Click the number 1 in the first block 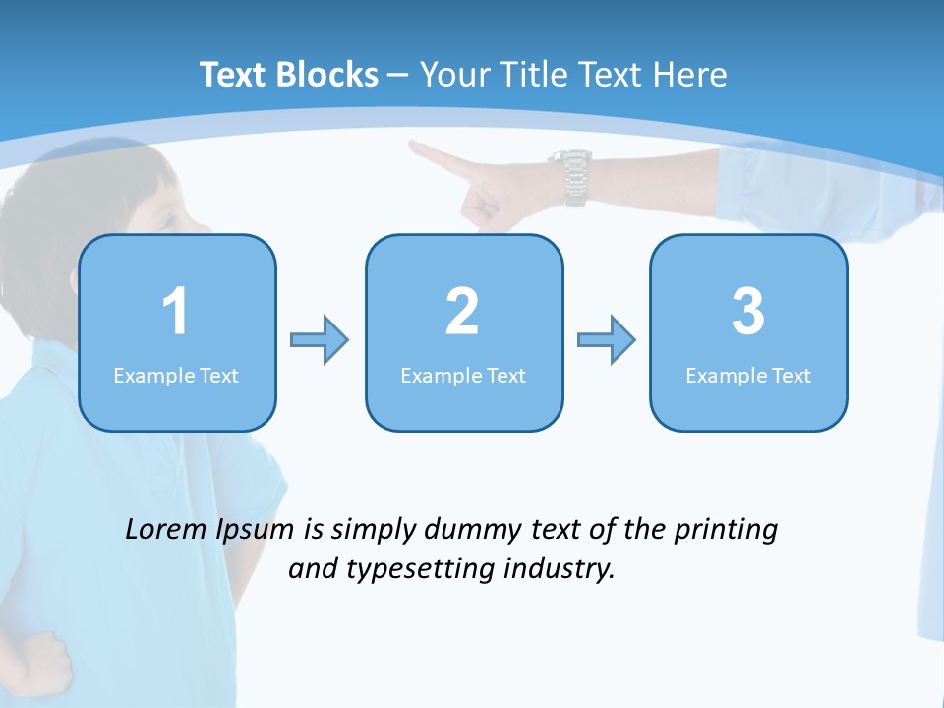(x=176, y=312)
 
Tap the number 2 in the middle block (x=462, y=312)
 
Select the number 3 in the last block (x=747, y=312)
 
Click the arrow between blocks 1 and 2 (x=320, y=340)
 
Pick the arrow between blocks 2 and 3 (x=607, y=340)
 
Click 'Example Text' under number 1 (x=176, y=376)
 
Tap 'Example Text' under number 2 (x=463, y=376)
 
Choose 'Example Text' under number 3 (x=748, y=376)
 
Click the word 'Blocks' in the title (x=327, y=75)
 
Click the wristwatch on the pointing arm (x=571, y=177)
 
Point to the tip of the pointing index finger (x=414, y=147)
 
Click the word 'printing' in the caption (x=726, y=530)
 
